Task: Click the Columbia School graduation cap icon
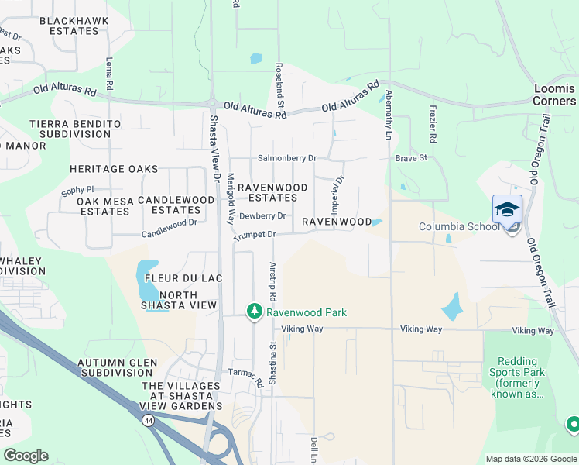[x=507, y=209]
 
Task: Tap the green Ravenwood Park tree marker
[x=253, y=312]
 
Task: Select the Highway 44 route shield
[x=147, y=419]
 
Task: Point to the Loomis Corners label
[x=555, y=95]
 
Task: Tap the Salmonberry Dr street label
[x=287, y=158]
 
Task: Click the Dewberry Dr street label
[x=262, y=216]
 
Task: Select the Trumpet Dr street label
[x=255, y=234]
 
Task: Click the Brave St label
[x=411, y=158]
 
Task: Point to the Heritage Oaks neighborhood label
[x=113, y=169]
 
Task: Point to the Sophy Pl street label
[x=77, y=189]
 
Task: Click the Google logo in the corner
[x=26, y=456]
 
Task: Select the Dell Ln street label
[x=314, y=447]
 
